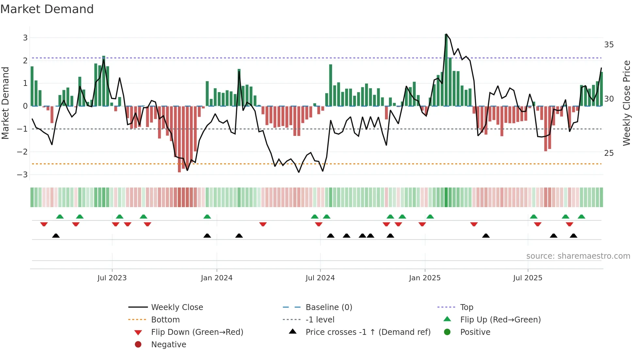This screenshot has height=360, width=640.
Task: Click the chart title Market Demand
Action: [x=47, y=9]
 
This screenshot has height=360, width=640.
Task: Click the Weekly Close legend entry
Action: [x=177, y=307]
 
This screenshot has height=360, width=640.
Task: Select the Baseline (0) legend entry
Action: [x=328, y=307]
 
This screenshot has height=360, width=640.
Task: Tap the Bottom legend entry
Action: [x=165, y=319]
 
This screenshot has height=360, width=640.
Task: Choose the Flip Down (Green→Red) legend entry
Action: [x=197, y=332]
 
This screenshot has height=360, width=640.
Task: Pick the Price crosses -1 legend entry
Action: [x=368, y=332]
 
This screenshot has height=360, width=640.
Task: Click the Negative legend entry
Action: [x=168, y=344]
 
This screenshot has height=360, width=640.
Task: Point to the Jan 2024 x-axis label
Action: [x=216, y=278]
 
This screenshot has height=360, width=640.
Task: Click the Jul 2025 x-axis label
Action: [x=527, y=278]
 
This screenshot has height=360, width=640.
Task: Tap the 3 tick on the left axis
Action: [x=25, y=38]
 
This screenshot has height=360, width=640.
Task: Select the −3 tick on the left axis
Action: [x=23, y=174]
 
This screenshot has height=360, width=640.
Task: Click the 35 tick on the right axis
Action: [x=609, y=44]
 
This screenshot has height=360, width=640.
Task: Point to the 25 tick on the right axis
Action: [x=609, y=153]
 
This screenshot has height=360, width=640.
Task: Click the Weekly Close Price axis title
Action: [x=626, y=103]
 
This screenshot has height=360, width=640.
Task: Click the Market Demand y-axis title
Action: [x=6, y=103]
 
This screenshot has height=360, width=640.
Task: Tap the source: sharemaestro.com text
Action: [x=578, y=256]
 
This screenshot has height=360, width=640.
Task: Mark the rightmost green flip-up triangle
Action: [x=581, y=217]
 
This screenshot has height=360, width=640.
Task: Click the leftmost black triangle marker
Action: [x=56, y=236]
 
